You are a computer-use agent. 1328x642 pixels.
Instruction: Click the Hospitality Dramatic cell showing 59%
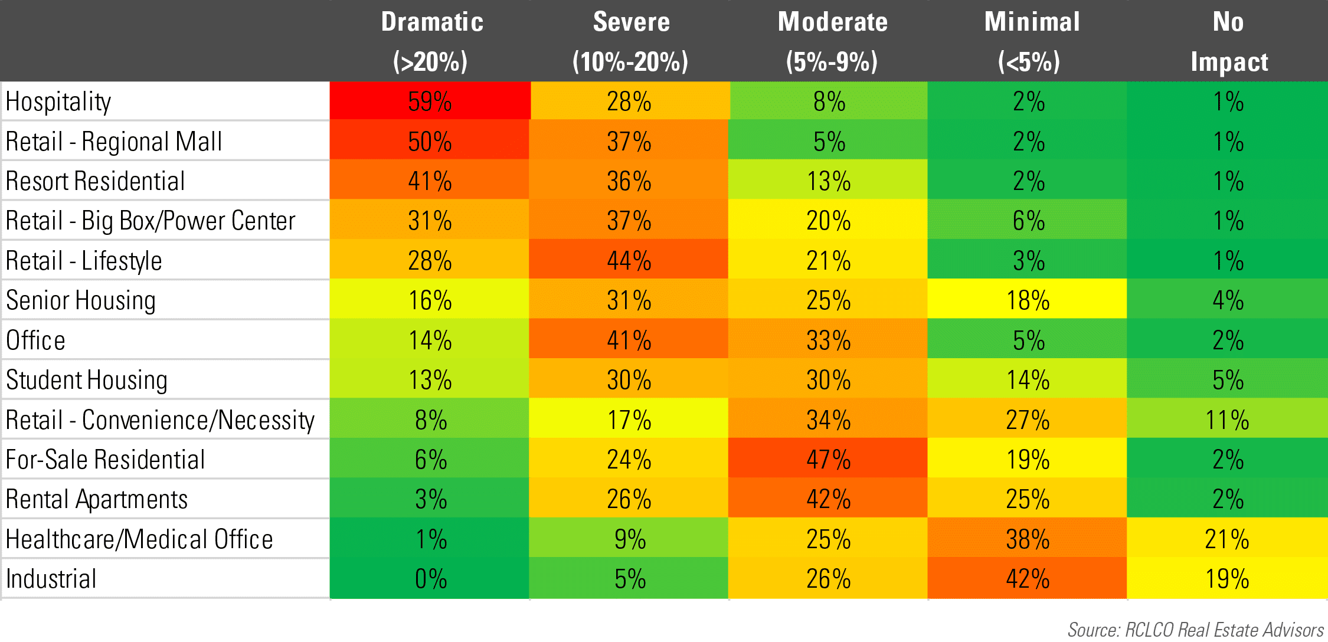pyautogui.click(x=430, y=101)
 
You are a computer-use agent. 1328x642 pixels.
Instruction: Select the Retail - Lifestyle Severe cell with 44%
pyautogui.click(x=629, y=260)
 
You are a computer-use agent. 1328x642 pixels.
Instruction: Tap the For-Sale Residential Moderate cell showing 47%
pyautogui.click(x=828, y=459)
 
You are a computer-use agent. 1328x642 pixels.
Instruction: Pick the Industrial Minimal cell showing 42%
pyautogui.click(x=1028, y=578)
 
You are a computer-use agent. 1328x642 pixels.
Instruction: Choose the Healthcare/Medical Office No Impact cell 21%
pyautogui.click(x=1227, y=539)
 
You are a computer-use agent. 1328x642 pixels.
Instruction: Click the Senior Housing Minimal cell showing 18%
pyautogui.click(x=1028, y=300)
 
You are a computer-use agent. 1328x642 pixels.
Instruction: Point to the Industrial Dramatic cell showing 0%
pyautogui.click(x=430, y=578)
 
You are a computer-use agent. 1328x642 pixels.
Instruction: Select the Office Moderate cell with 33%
pyautogui.click(x=828, y=340)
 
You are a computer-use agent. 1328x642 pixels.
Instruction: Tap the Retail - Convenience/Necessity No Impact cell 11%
pyautogui.click(x=1227, y=420)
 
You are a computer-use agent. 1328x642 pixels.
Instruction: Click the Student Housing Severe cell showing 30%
pyautogui.click(x=629, y=379)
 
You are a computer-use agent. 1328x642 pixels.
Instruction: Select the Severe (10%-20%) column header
pyautogui.click(x=630, y=41)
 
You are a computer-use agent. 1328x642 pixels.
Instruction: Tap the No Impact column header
pyautogui.click(x=1228, y=41)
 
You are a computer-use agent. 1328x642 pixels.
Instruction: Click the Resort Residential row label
pyautogui.click(x=95, y=181)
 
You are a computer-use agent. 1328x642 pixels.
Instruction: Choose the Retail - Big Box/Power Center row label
pyautogui.click(x=150, y=221)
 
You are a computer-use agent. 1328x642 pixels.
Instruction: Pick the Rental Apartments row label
pyautogui.click(x=96, y=499)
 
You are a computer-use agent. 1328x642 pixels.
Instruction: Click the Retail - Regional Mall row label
pyautogui.click(x=113, y=142)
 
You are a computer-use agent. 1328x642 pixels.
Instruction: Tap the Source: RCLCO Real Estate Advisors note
pyautogui.click(x=1195, y=629)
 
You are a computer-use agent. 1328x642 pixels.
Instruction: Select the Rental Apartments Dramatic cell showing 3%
pyautogui.click(x=430, y=499)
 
